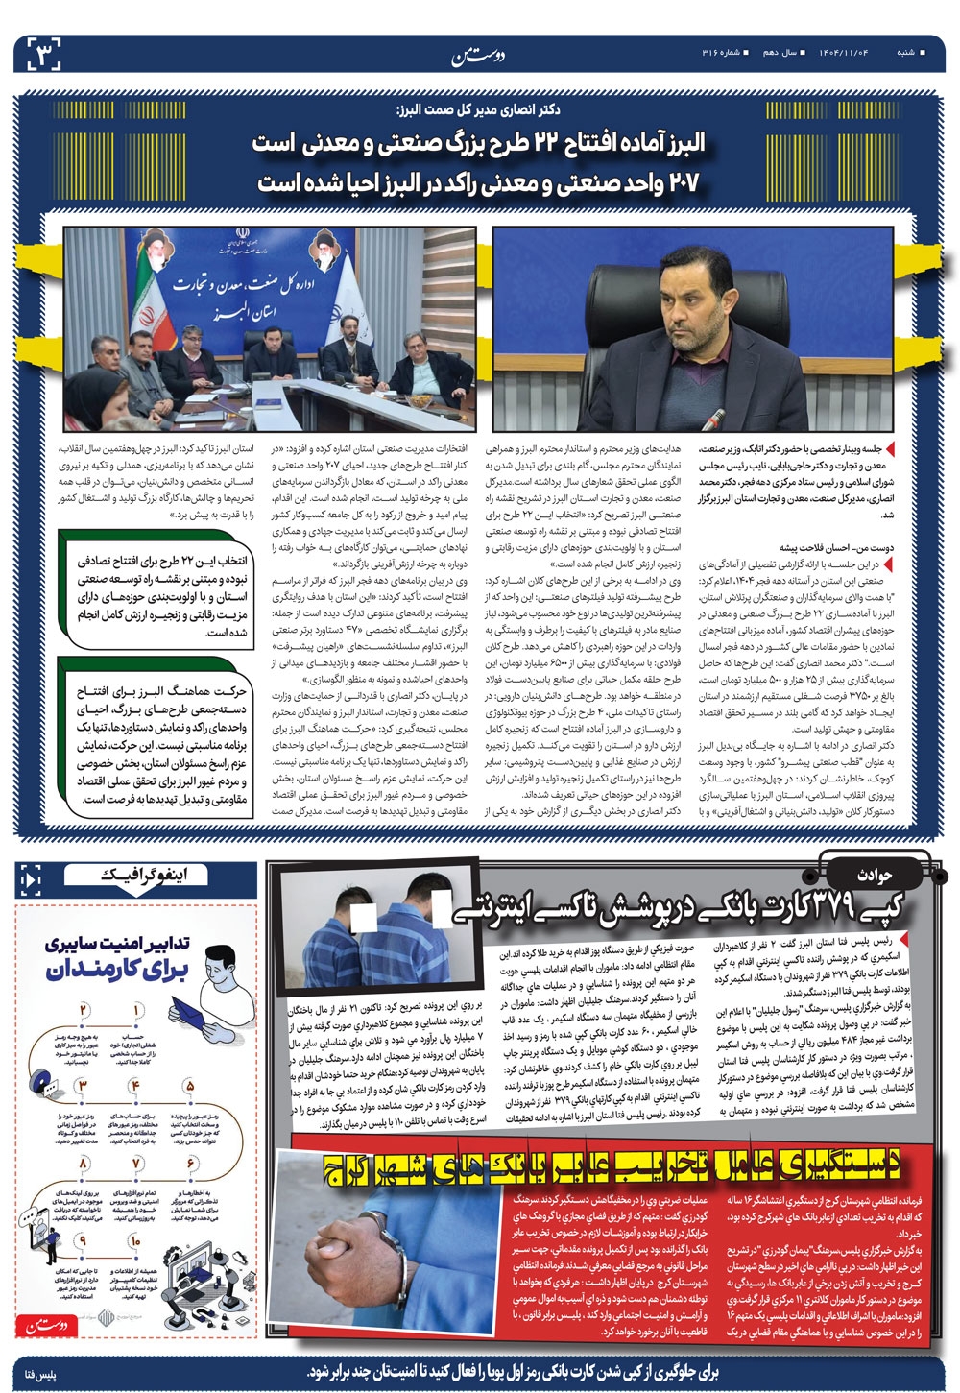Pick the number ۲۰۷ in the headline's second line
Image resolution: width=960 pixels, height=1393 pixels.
point(681,180)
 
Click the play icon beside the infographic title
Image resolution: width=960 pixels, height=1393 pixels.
point(31,877)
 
